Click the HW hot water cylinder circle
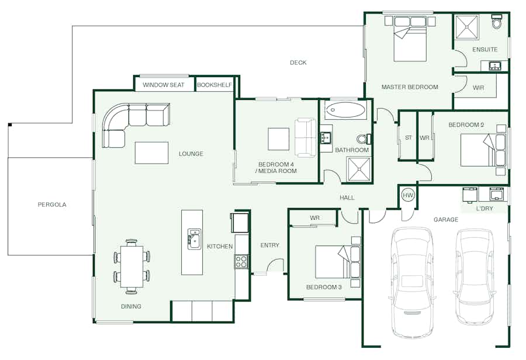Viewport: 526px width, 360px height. [408, 195]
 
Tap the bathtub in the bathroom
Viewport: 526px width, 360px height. [345, 110]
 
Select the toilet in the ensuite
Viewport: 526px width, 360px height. [496, 22]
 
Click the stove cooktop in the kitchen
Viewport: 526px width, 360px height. [241, 261]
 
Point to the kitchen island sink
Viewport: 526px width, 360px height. [194, 239]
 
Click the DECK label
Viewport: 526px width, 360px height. [298, 63]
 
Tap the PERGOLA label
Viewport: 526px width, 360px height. [52, 205]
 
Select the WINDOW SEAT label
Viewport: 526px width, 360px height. [164, 85]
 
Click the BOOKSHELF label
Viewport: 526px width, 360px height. [214, 85]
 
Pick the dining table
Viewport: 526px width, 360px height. [132, 266]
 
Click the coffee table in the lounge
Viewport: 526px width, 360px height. [151, 153]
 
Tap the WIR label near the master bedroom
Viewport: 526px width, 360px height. [478, 88]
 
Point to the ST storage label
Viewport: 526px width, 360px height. [409, 137]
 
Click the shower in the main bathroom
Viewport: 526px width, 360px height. [359, 169]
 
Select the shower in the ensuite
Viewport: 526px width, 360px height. [466, 27]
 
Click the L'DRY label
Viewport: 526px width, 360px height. [485, 209]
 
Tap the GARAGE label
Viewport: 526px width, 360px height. [446, 219]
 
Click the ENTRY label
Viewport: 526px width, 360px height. [269, 245]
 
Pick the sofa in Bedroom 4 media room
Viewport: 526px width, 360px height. [305, 137]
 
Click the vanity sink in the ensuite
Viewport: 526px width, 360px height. [495, 66]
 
